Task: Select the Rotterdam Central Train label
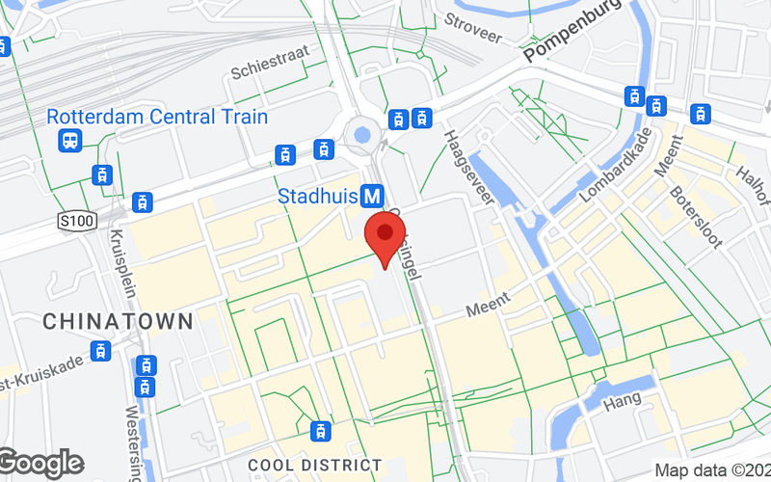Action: coord(157,117)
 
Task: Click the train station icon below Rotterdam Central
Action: coord(70,142)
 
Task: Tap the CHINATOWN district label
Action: coord(118,320)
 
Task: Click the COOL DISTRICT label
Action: coord(314,465)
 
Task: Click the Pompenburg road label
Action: coord(574,40)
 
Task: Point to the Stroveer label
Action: coord(473,27)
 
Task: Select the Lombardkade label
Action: coord(617,164)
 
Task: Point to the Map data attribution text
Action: coord(711,470)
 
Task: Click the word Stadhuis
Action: coord(317,197)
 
